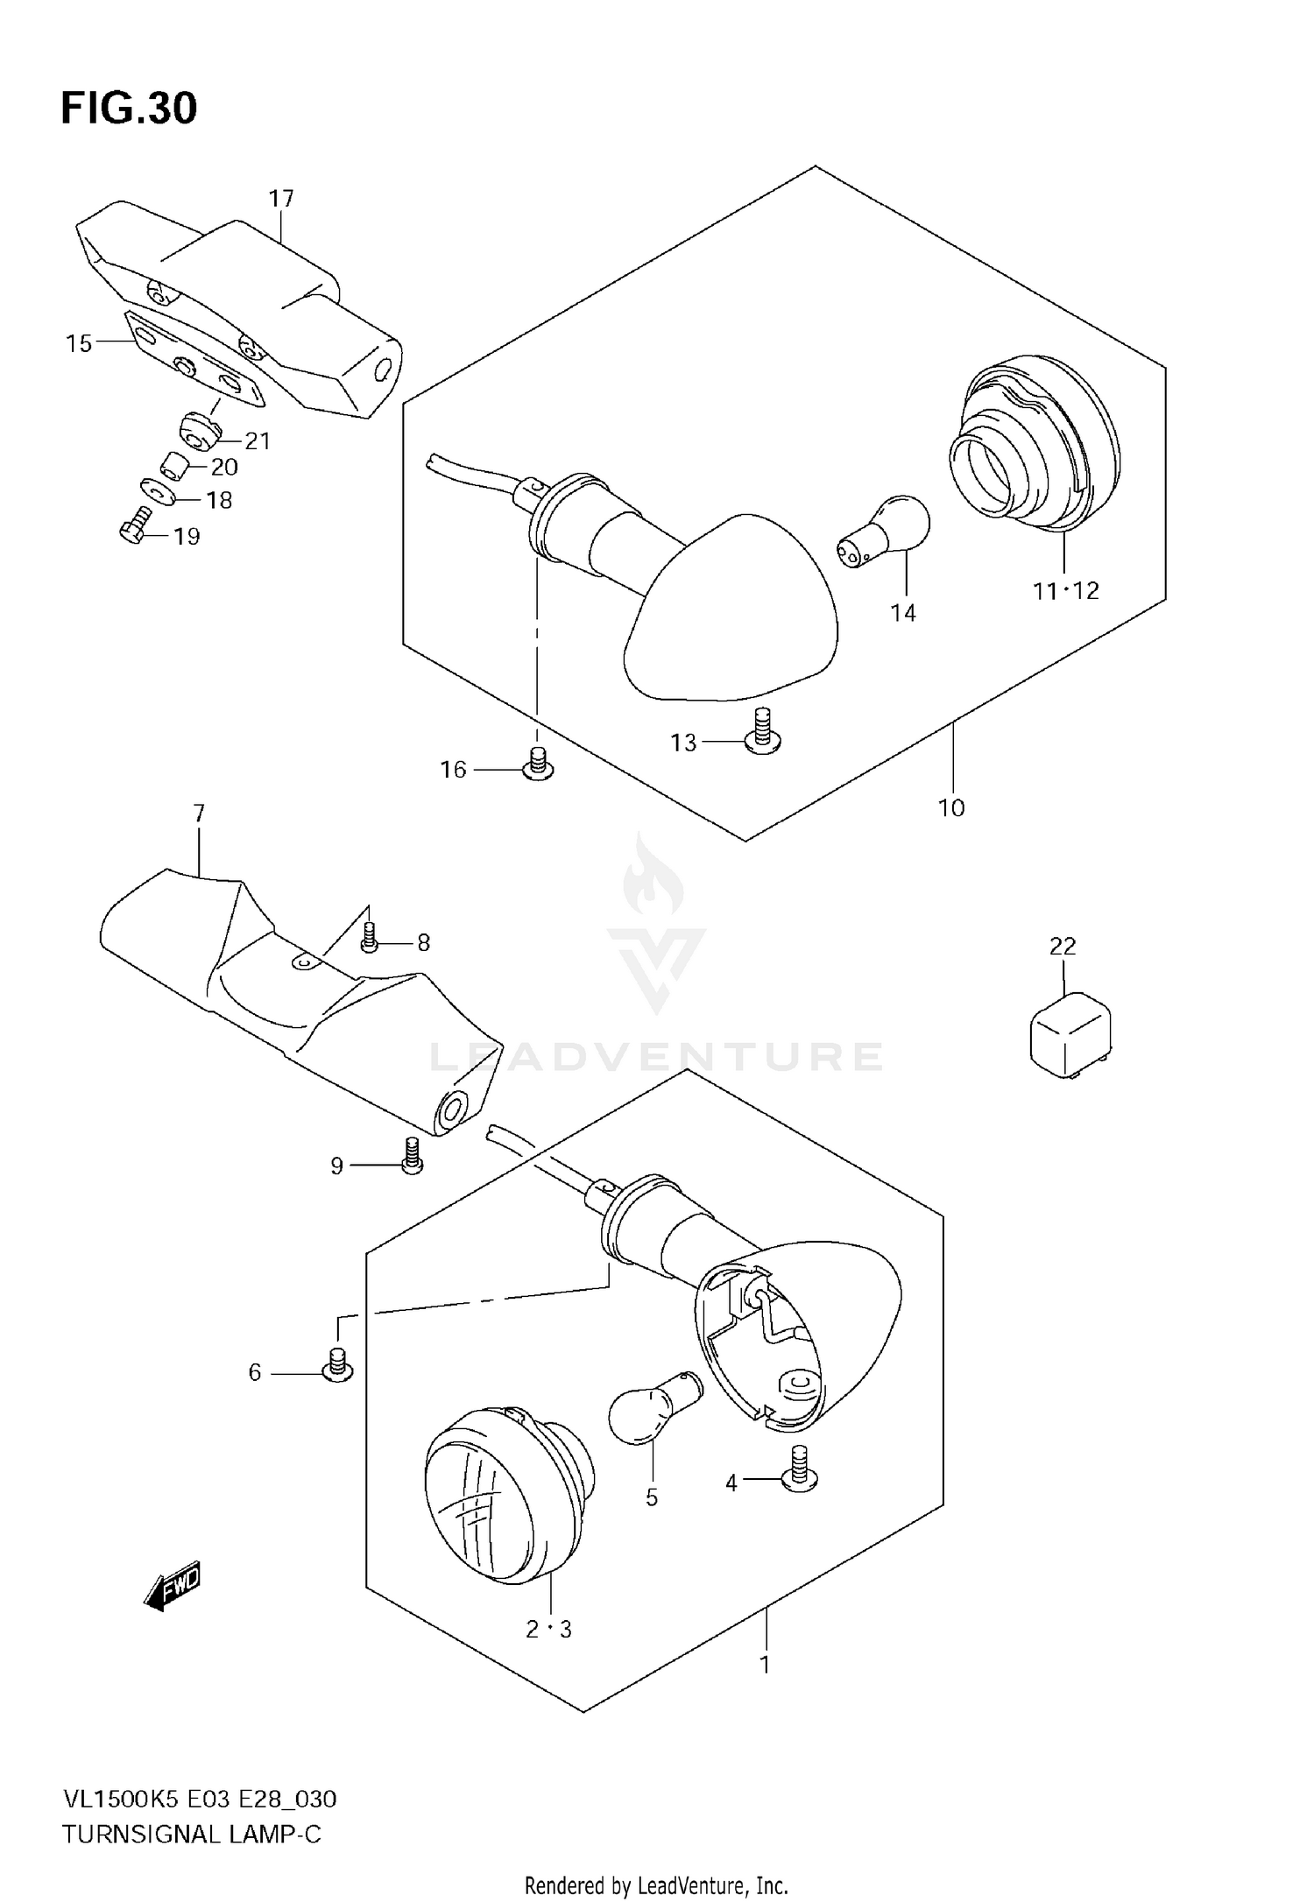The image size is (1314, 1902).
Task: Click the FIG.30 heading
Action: coord(129,109)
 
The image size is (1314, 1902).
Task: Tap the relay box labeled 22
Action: coord(1070,1034)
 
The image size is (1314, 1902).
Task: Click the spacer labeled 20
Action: coord(176,464)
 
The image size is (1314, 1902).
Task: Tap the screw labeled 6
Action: coord(337,1366)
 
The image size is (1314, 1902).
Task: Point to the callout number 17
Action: coord(281,199)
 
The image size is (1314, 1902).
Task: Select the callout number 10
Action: coord(951,807)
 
